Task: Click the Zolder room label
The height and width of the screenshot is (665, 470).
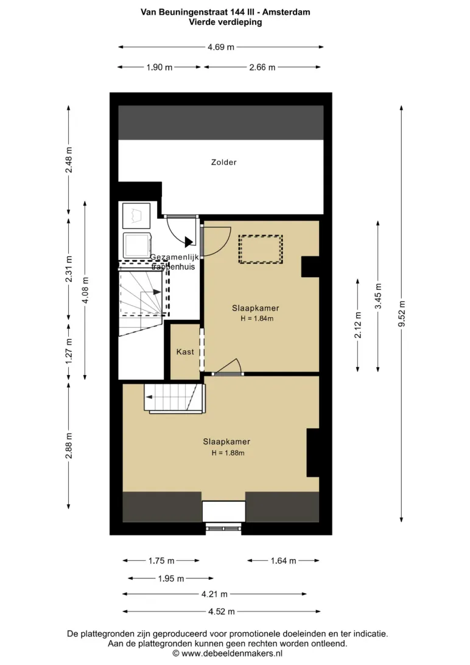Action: tap(224, 162)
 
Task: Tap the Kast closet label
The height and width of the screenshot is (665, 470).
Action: tap(185, 351)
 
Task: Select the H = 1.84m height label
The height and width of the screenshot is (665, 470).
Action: tap(257, 318)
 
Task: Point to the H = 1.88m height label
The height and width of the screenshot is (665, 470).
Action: tap(228, 453)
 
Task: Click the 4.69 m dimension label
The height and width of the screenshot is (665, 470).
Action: tap(221, 47)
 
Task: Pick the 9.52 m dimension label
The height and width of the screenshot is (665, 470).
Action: tap(402, 314)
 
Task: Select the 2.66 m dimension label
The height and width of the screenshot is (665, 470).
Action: tap(262, 67)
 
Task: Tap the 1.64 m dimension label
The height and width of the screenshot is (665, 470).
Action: tap(284, 561)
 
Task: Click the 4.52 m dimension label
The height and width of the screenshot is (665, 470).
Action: tap(221, 611)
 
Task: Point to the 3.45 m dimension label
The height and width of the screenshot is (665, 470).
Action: tap(378, 296)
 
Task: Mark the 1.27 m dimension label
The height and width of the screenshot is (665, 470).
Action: tap(69, 351)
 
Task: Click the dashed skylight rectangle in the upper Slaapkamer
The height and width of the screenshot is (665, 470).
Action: tap(261, 250)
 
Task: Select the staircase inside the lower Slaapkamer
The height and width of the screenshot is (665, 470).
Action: tap(175, 398)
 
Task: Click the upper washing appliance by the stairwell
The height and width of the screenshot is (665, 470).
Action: tap(136, 216)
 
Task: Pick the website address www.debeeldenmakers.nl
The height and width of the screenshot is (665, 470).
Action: tap(232, 653)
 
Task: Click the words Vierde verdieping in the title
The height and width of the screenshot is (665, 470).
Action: tap(225, 22)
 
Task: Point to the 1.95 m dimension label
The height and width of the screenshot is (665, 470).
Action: tap(171, 579)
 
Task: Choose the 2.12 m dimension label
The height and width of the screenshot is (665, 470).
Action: tap(358, 325)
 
